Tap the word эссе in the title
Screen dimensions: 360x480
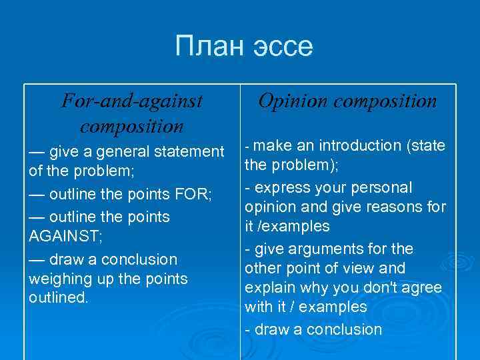(x=284, y=47)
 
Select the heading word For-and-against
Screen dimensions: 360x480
(x=131, y=101)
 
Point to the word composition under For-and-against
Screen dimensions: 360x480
(x=131, y=125)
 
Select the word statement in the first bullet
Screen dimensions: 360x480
(x=187, y=152)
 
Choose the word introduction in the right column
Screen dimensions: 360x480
(x=361, y=145)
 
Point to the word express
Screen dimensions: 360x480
(x=276, y=188)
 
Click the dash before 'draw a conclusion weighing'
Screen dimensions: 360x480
(x=38, y=259)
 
